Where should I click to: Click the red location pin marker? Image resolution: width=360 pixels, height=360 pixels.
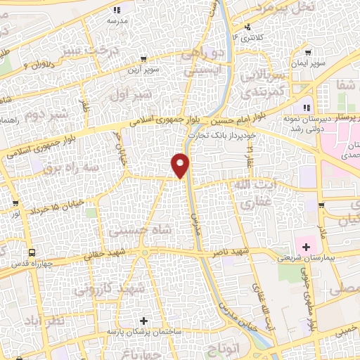(x=181, y=165)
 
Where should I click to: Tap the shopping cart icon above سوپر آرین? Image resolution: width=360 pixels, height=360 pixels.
(x=143, y=59)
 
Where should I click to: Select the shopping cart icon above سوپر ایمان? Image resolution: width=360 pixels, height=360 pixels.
(x=307, y=52)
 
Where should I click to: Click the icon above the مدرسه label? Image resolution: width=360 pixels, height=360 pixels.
(x=117, y=10)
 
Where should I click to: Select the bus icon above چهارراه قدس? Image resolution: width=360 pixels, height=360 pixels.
(x=32, y=252)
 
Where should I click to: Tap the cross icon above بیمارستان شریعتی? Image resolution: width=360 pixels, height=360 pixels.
(x=306, y=246)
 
